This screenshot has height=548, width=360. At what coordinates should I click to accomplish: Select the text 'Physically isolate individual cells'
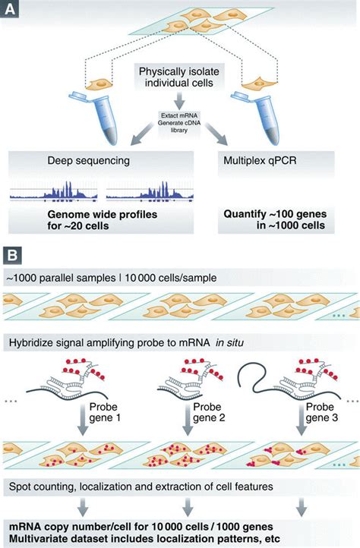pyautogui.click(x=180, y=77)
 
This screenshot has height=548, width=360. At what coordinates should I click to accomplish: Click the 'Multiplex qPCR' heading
pyautogui.click(x=256, y=161)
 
